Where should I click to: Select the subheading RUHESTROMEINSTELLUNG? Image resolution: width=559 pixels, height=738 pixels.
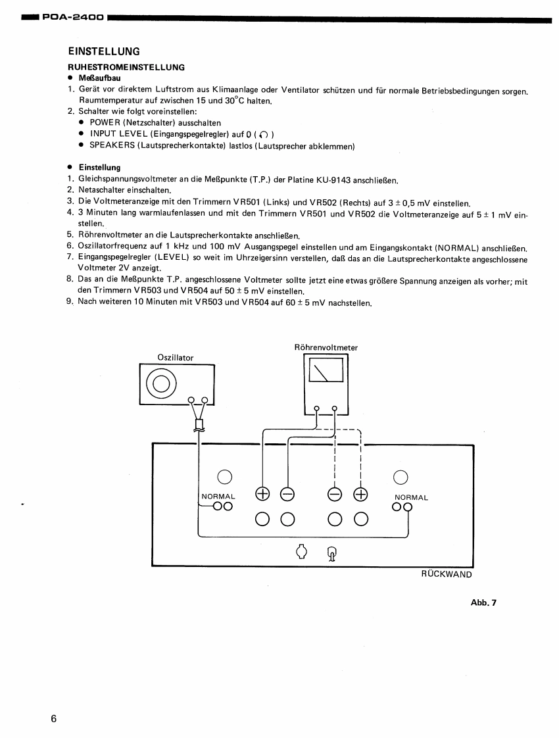pyautogui.click(x=126, y=67)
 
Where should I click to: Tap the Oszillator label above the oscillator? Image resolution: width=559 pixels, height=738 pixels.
pyautogui.click(x=176, y=358)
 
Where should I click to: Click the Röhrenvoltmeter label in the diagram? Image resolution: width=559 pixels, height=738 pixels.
pyautogui.click(x=326, y=347)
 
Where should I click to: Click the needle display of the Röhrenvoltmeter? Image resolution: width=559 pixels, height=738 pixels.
pyautogui.click(x=326, y=370)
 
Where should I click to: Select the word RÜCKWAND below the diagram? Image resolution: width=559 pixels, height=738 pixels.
pyautogui.click(x=447, y=574)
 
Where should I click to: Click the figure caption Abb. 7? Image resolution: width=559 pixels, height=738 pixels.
pyautogui.click(x=483, y=603)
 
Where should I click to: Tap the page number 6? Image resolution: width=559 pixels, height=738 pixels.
pyautogui.click(x=54, y=718)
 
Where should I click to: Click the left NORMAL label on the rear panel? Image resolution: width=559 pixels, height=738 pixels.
pyautogui.click(x=218, y=497)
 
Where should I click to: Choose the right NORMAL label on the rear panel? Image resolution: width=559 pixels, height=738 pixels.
pyautogui.click(x=411, y=497)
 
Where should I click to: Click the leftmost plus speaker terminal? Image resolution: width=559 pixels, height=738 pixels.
pyautogui.click(x=262, y=494)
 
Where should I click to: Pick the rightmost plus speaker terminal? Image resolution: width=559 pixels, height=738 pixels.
pyautogui.click(x=360, y=494)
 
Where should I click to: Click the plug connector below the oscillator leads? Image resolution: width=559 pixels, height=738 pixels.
pyautogui.click(x=200, y=424)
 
